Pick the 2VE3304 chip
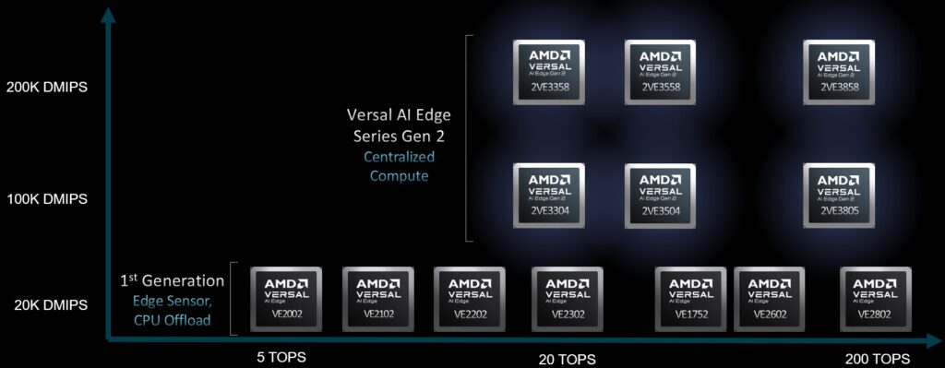548,195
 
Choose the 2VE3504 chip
660,195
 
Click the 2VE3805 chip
839,195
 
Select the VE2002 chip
287,299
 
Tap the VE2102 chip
377,299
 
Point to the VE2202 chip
469,299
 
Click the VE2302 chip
567,299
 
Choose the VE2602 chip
769,299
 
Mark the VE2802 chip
876,299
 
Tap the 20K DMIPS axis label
50,305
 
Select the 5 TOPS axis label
281,357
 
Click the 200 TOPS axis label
878,359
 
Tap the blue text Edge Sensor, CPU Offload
173,311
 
